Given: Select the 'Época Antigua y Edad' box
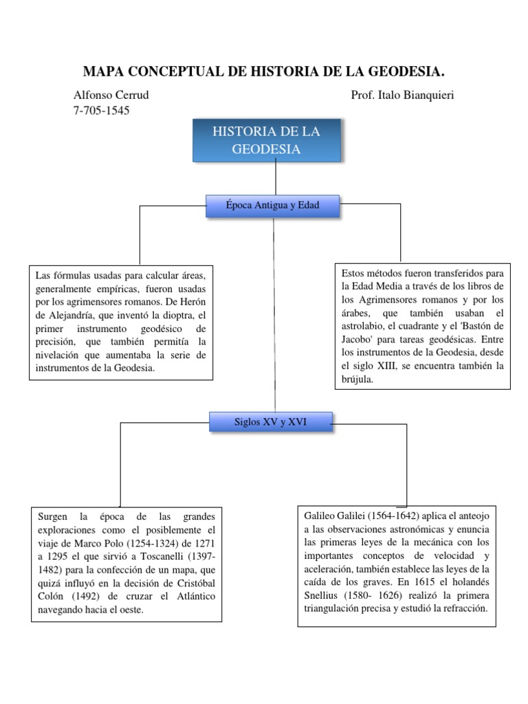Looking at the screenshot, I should click(x=272, y=206).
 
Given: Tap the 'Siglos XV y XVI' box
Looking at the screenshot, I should click(x=272, y=421).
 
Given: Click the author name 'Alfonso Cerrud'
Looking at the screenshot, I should click(x=111, y=95).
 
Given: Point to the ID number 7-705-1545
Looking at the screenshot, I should click(x=101, y=110).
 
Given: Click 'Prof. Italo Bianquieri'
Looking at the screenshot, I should click(x=402, y=95).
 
